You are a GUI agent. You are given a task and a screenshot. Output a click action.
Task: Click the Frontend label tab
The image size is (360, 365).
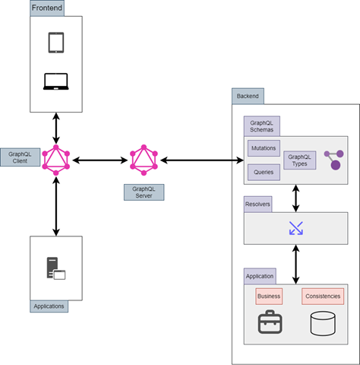(x=47, y=8)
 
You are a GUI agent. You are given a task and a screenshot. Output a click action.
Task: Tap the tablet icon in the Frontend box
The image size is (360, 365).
(x=56, y=43)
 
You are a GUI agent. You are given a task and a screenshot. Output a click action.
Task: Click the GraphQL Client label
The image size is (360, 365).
(x=20, y=157)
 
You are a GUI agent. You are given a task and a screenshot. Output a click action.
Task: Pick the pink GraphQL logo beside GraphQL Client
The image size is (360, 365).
(x=55, y=160)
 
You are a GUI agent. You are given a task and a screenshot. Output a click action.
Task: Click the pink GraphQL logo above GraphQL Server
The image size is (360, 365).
(x=143, y=160)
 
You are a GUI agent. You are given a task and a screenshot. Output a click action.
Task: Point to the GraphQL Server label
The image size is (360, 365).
(x=144, y=192)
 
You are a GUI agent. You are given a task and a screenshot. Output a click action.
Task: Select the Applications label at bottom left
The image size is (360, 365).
(x=49, y=306)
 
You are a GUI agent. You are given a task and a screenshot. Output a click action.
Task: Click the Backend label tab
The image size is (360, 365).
(x=248, y=97)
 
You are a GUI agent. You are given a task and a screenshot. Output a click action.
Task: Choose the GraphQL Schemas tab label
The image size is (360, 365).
(x=261, y=125)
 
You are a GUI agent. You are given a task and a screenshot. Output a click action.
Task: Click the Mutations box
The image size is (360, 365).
(x=264, y=148)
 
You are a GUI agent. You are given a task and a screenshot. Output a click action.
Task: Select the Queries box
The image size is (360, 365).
(x=264, y=173)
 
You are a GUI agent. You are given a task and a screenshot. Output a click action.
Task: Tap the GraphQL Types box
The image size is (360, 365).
(x=299, y=160)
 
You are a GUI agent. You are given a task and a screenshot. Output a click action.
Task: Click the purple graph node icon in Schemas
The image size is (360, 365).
(x=333, y=160)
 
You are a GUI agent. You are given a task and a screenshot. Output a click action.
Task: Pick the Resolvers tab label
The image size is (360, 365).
(x=257, y=205)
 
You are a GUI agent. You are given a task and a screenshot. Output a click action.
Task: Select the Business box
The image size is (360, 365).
(x=269, y=296)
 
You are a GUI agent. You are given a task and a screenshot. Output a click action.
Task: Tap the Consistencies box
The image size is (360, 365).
(x=323, y=296)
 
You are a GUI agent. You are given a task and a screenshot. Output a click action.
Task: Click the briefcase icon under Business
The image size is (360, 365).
(x=270, y=324)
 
